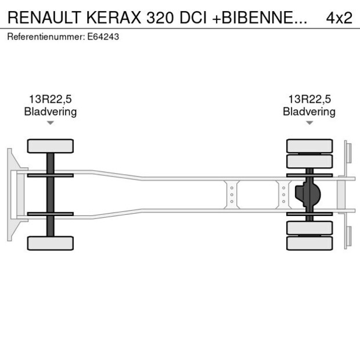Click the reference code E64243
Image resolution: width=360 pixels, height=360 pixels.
pos(104,37)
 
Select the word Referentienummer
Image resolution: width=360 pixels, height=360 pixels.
pos(45,37)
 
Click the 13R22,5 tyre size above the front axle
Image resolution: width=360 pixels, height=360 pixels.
pos(50,99)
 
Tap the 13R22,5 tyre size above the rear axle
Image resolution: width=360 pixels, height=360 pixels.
pos(309,99)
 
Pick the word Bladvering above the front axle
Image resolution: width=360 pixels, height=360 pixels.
pos(50,111)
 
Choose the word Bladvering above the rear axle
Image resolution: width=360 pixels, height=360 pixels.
pos(309,111)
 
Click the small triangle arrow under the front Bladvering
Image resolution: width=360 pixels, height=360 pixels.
pos(51,123)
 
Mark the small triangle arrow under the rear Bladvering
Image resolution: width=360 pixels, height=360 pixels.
pos(309,123)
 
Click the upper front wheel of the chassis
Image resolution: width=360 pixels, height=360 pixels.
pos(51,146)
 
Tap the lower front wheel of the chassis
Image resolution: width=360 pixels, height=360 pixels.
pos(51,243)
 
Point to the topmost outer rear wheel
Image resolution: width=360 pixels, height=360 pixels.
pos(309,146)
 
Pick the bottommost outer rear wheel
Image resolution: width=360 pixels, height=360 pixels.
pos(309,243)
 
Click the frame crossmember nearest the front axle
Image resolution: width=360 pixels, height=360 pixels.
pos(232,195)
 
